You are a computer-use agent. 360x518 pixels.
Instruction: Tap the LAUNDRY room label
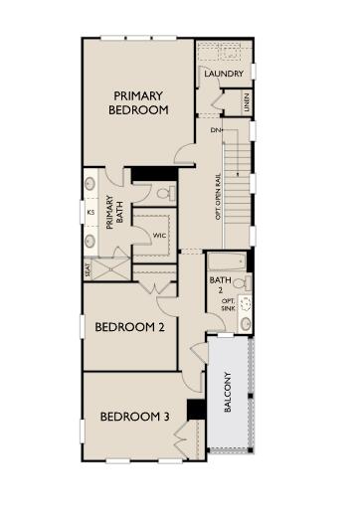[x=223, y=75]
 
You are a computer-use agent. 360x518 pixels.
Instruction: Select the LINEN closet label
[x=246, y=102]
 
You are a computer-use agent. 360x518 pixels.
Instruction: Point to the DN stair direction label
[x=216, y=129]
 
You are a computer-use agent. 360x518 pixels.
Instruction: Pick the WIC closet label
[x=158, y=235]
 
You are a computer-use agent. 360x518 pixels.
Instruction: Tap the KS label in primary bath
[x=90, y=212]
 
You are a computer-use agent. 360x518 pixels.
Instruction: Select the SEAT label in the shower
[x=89, y=267]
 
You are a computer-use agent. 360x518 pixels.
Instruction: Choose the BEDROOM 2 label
[x=128, y=327]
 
